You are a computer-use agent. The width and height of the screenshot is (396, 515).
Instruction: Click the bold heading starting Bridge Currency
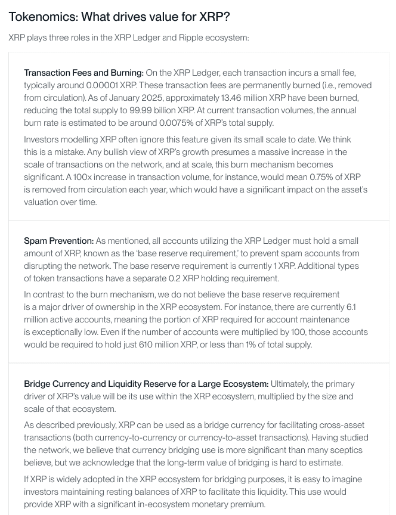point(146,383)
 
